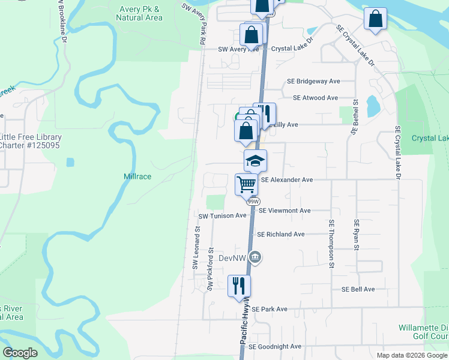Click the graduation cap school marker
(255, 161)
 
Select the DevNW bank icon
(256, 258)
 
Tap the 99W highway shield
(255, 202)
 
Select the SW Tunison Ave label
(223, 215)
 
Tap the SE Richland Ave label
(280, 234)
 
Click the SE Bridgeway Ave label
(313, 81)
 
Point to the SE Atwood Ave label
(316, 98)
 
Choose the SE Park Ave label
(270, 309)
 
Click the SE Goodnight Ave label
(275, 346)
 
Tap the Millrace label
(137, 176)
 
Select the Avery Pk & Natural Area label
(139, 13)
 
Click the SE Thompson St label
(331, 242)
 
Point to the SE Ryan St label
(356, 239)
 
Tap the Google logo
(20, 353)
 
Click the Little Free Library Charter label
(30, 141)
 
